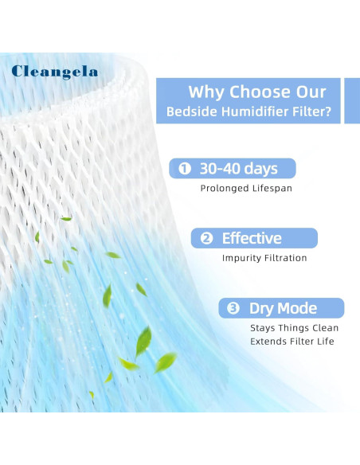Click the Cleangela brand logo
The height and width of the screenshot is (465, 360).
coord(55,72)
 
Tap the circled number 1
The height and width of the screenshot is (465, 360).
coord(185,169)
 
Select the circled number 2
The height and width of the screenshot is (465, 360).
coord(206,238)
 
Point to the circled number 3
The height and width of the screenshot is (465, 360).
coord(234,308)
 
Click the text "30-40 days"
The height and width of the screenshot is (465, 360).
coord(239,169)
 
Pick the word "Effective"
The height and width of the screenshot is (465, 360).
coord(252,238)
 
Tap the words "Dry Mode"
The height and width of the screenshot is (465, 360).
coord(284,308)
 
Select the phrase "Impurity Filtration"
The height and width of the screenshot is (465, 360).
coord(264,258)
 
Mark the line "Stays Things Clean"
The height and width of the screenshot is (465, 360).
coord(295,328)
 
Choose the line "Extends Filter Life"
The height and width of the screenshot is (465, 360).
coord(292,342)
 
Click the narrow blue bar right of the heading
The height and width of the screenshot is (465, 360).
coord(351,100)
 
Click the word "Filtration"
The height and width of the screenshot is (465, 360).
coord(285,258)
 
